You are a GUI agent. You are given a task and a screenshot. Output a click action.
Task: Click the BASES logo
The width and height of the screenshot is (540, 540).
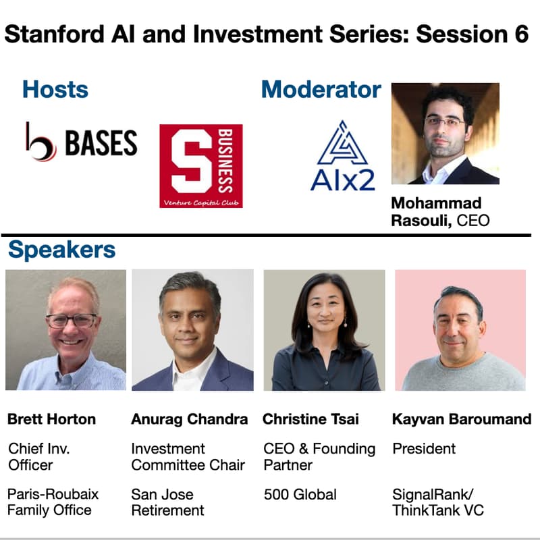81,142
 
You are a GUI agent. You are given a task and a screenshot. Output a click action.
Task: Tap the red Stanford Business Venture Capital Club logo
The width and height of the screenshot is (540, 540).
201,165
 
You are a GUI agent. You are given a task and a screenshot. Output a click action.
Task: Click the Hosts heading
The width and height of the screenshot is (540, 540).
55,89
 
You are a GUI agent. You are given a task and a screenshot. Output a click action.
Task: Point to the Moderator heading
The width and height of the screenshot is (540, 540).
321,89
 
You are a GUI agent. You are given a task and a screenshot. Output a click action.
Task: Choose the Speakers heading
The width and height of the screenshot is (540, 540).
61,250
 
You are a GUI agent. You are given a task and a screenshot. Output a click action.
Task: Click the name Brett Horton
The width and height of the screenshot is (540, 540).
51,419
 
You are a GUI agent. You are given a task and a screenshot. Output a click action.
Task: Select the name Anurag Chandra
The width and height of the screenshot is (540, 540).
189,419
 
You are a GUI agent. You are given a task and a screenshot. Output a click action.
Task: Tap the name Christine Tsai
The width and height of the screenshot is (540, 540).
311,419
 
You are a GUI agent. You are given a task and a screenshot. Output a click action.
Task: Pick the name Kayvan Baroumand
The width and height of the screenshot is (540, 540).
462,419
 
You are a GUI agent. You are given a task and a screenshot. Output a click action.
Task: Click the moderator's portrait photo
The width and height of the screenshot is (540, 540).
445,134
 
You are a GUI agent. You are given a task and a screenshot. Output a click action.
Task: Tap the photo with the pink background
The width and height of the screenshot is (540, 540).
460,329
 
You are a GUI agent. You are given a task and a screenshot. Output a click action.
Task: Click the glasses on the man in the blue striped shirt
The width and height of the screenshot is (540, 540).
72,321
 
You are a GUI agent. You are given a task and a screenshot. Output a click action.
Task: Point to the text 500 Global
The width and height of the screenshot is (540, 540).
300,494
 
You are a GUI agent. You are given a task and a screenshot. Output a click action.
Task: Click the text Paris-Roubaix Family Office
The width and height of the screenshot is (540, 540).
53,502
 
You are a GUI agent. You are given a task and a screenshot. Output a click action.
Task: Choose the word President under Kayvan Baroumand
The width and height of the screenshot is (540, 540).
424,449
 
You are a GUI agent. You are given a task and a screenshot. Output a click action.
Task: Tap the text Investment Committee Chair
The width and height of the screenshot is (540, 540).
188,456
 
